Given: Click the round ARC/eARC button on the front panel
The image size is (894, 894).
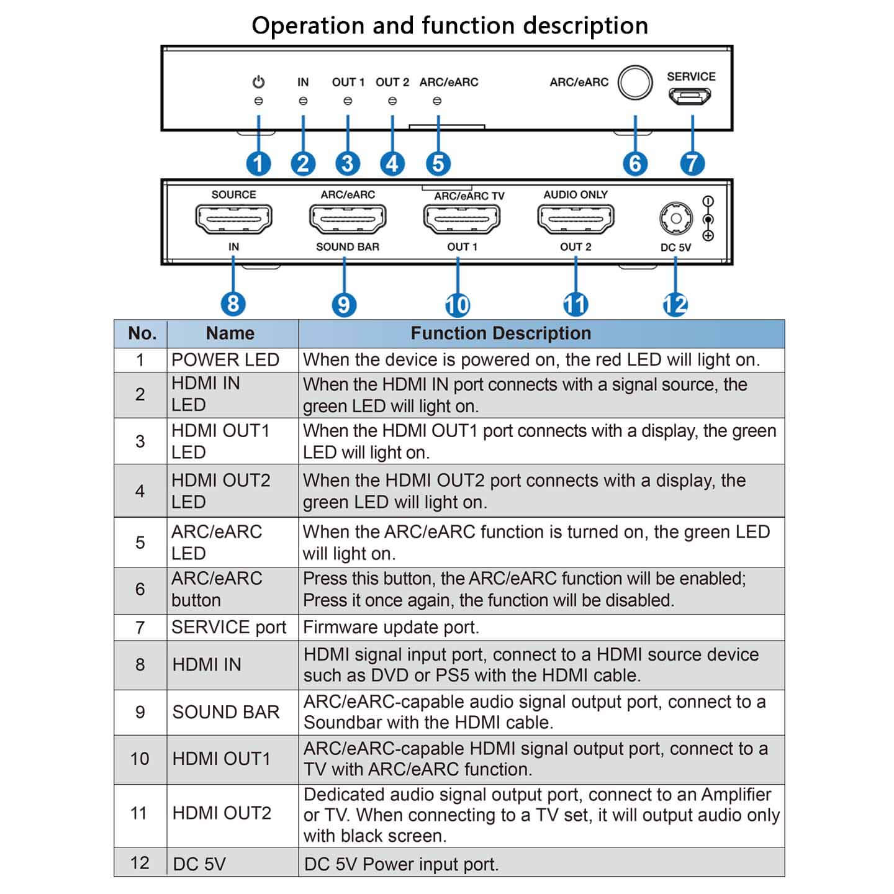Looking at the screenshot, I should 635,83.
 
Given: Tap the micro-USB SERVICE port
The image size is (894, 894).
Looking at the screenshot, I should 690,97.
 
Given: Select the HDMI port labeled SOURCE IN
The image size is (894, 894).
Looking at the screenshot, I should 233,219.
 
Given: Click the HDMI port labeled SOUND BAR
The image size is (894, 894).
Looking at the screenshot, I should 347,219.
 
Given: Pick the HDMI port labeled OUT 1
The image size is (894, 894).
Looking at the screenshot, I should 461,219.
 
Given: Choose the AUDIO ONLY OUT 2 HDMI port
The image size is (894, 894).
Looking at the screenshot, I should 576,219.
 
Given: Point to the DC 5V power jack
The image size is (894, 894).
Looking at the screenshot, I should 675,219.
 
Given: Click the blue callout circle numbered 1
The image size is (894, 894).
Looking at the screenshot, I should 258,164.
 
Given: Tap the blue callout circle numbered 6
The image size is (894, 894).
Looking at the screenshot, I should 635,164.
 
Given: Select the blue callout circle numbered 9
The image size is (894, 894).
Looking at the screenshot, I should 343,304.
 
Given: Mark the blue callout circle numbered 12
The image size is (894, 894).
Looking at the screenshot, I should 675,304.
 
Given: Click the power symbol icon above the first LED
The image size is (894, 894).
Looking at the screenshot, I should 258,82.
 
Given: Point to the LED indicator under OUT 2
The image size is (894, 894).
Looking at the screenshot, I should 392,101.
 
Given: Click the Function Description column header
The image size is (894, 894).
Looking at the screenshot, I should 500,333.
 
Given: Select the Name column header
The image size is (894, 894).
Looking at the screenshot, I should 230,333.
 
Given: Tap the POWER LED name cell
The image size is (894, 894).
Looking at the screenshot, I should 225,360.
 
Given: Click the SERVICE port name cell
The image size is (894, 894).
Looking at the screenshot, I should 229,628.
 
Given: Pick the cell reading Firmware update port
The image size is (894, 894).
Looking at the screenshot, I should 391,628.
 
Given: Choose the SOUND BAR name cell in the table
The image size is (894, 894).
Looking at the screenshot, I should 226,712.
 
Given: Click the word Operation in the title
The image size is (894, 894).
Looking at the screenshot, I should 309,26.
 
